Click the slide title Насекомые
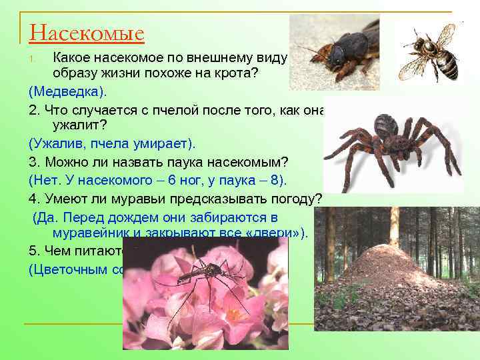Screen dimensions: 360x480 pos(87,32)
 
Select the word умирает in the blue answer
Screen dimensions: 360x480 pos(163,143)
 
